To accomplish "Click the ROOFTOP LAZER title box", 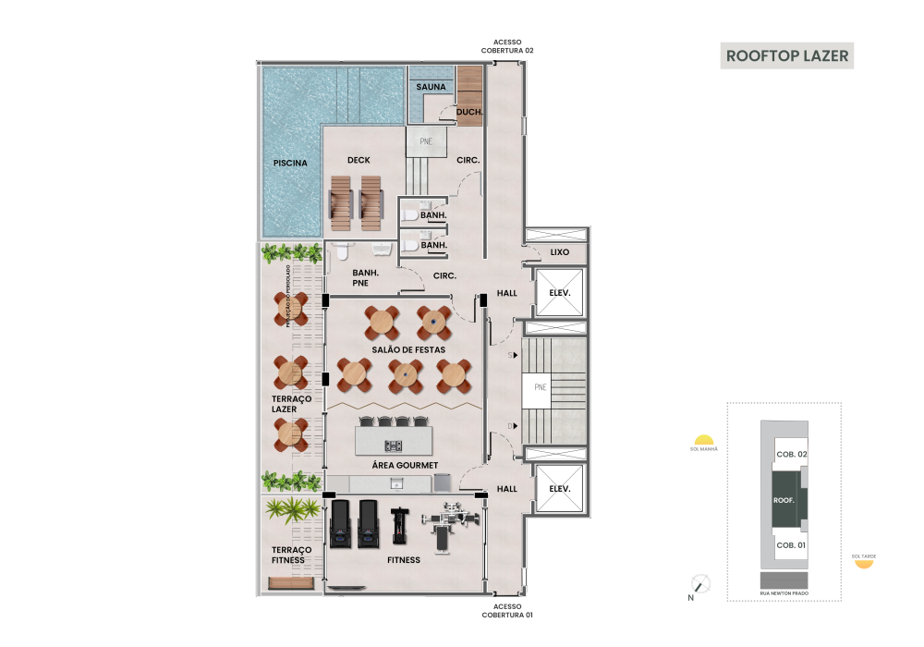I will [x=785, y=55].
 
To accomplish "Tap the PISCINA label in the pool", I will [x=290, y=164].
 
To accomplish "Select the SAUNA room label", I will [x=431, y=87].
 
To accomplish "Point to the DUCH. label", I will [x=469, y=113].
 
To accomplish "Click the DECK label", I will [x=359, y=161].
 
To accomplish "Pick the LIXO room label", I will [x=559, y=251].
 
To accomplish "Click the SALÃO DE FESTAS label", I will [x=408, y=349].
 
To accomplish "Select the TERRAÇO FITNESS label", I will [x=291, y=555].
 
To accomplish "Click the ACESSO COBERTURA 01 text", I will [x=506, y=610].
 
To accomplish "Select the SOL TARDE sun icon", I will [x=864, y=563].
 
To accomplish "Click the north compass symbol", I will [x=701, y=584].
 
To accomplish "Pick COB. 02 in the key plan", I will [x=792, y=454].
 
